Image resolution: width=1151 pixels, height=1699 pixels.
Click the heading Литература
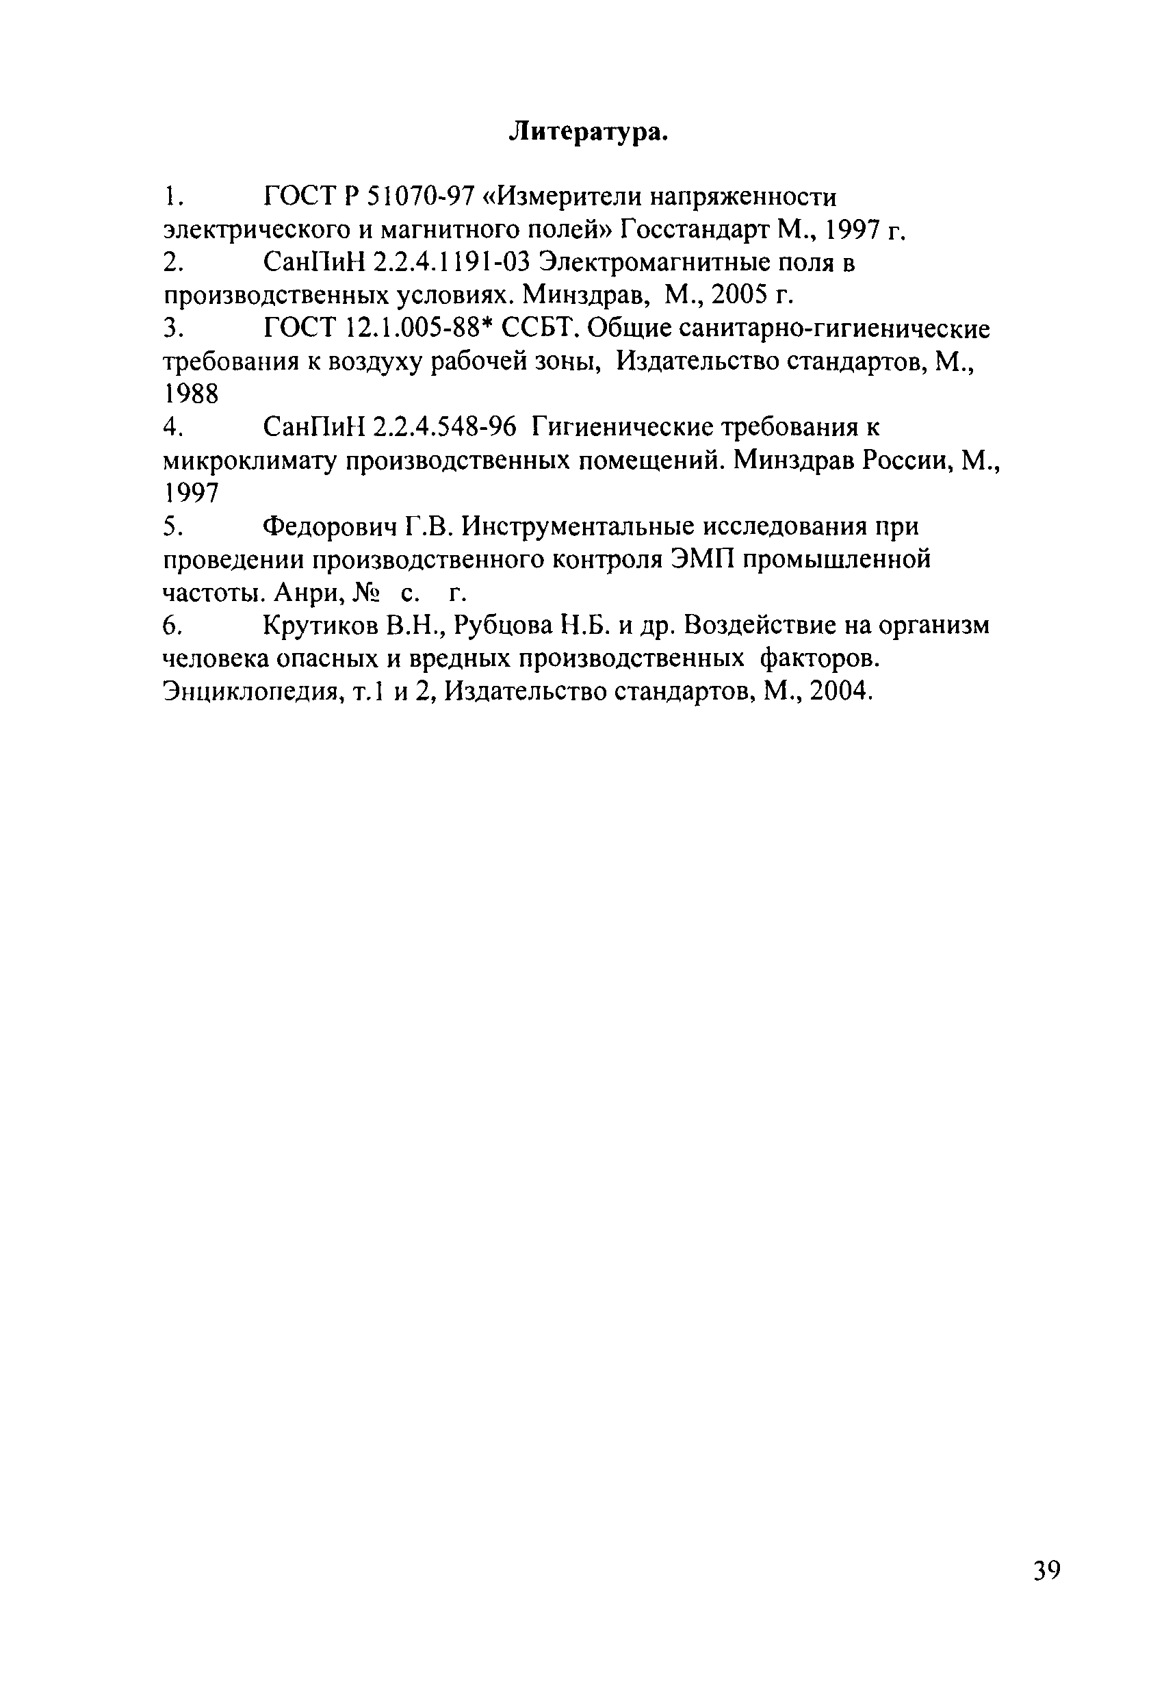[x=589, y=131]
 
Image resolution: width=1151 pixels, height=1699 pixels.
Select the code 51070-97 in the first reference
[x=419, y=196]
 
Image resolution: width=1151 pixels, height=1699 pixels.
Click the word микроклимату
[x=248, y=461]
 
